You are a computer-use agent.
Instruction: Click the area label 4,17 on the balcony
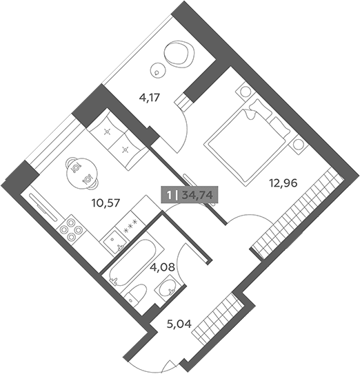149,98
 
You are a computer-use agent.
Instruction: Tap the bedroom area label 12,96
283,183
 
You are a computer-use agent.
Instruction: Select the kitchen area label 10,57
106,203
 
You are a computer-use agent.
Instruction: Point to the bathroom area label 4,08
162,267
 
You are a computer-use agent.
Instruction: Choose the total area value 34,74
197,196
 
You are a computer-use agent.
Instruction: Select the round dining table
81,173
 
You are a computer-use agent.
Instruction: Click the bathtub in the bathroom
132,260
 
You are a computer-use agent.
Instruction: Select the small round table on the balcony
158,70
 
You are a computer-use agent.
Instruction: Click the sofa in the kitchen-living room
117,140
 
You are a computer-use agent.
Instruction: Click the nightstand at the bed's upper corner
245,92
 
